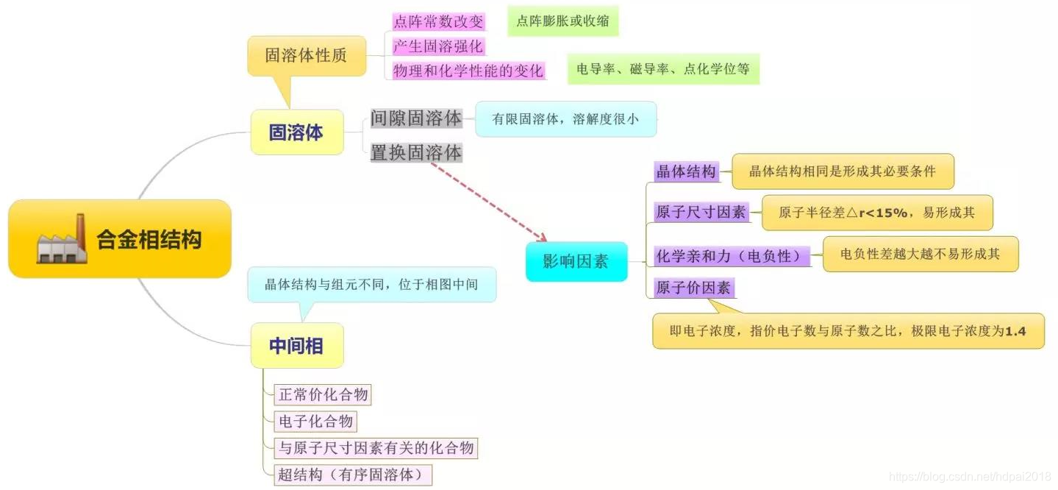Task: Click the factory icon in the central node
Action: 62,239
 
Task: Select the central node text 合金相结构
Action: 149,240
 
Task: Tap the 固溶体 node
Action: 296,132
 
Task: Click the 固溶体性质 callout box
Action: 306,56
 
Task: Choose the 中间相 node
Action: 296,345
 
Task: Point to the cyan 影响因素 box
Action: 576,261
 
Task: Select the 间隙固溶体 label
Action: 416,118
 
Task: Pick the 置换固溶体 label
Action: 416,153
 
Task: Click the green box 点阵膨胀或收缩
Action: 562,21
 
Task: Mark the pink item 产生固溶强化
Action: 438,46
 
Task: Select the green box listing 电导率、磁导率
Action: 663,69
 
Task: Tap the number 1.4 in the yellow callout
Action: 1015,331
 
